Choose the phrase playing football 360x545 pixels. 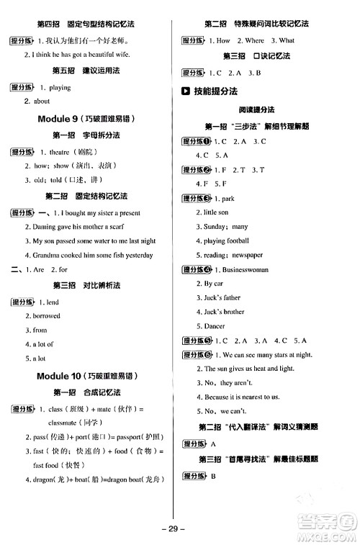[x=226, y=240]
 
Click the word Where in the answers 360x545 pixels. [x=255, y=41]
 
